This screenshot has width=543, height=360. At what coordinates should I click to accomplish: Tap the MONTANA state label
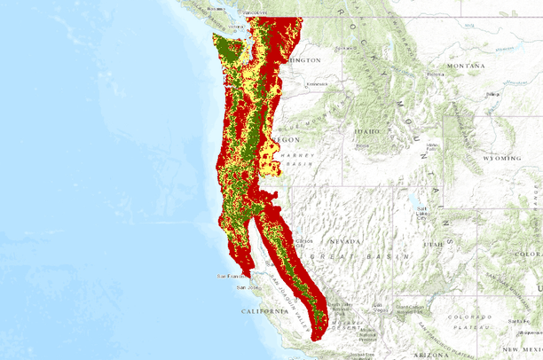coord(466,66)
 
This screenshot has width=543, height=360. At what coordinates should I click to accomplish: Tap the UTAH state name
coord(432,244)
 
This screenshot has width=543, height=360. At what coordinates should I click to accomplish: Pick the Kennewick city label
coord(317,85)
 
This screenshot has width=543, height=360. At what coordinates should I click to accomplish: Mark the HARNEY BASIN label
coord(294,160)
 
